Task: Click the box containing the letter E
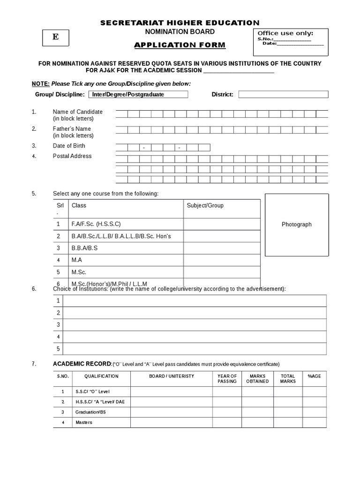coord(56,37)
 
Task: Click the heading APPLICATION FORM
coord(180,45)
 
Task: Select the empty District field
coord(283,94)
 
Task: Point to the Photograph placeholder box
coord(296,225)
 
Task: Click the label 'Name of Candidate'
coord(77,112)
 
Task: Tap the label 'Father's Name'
coord(72,129)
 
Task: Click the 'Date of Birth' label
coord(69,146)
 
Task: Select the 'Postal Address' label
coord(72,156)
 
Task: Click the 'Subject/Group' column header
coord(205,205)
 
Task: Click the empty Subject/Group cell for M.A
coord(221,260)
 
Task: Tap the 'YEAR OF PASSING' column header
coord(227,379)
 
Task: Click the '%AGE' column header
coord(314,376)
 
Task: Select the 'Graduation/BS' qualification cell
coord(90,412)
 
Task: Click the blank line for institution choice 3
coord(195,324)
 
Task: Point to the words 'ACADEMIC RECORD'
coord(82,364)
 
